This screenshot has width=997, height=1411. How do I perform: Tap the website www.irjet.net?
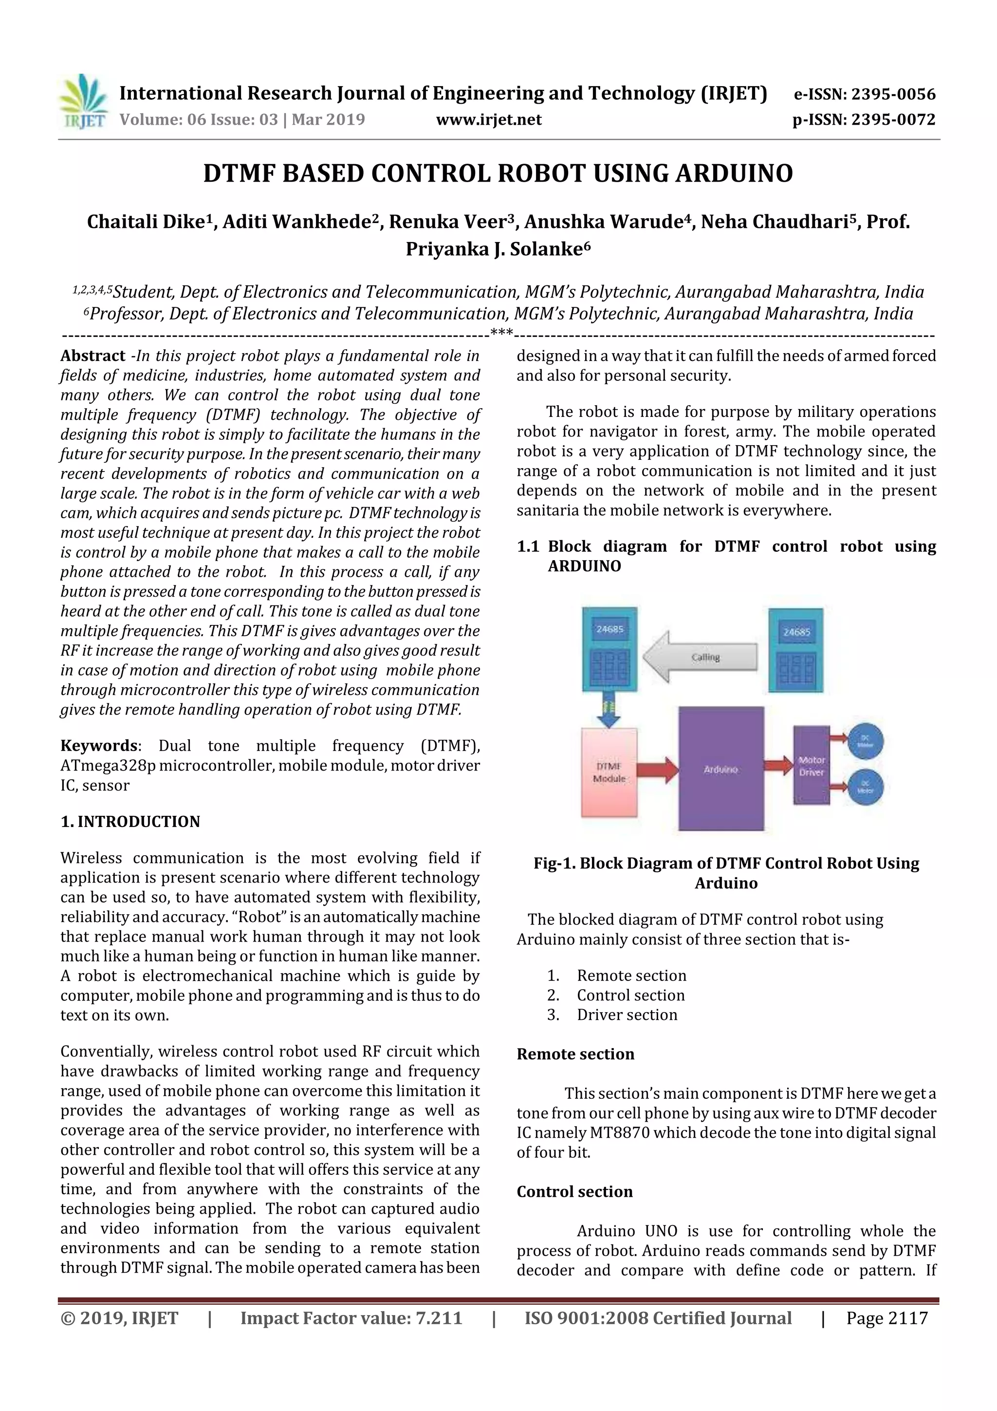click(488, 119)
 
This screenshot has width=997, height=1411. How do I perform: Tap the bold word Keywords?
click(99, 746)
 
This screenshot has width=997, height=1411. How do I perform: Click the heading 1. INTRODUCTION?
click(130, 822)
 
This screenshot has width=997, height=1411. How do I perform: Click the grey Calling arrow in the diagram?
click(701, 658)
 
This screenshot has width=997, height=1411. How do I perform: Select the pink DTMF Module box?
click(609, 772)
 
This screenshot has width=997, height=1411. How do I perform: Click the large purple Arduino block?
click(721, 769)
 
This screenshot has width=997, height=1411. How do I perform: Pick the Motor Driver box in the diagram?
click(811, 766)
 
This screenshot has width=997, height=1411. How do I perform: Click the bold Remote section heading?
click(575, 1054)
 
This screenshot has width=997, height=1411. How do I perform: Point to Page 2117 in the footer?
click(886, 1317)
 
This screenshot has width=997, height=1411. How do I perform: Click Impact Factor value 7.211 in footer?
click(351, 1317)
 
